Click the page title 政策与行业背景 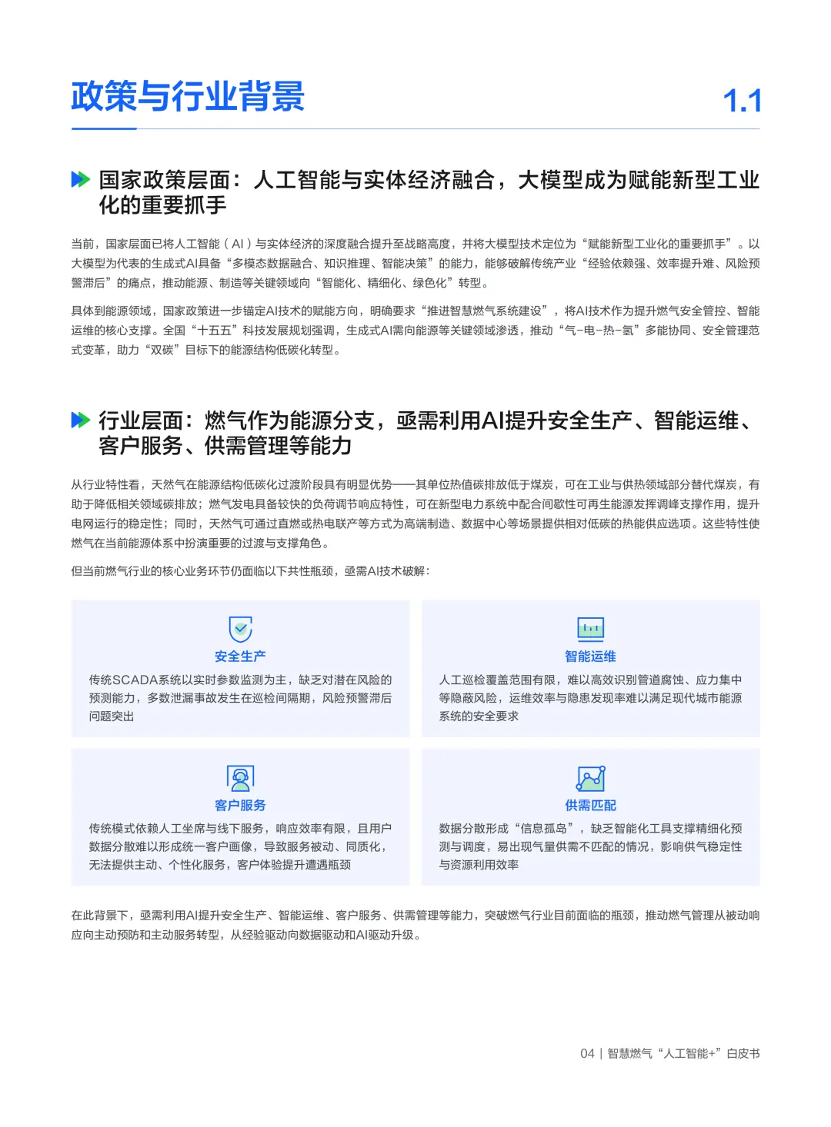(x=188, y=97)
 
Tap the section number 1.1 (x=742, y=101)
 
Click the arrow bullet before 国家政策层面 (x=80, y=180)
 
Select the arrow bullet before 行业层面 (x=80, y=420)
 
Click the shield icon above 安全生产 (x=241, y=629)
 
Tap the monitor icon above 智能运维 (x=590, y=629)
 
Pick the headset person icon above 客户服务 (x=241, y=778)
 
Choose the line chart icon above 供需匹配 (x=590, y=778)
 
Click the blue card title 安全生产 (x=240, y=657)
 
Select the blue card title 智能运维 (x=590, y=657)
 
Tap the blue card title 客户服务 (x=240, y=805)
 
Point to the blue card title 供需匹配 (x=590, y=805)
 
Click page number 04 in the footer (x=587, y=1053)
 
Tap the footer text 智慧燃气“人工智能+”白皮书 (x=683, y=1053)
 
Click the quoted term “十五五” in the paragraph (x=215, y=331)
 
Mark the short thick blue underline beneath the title (x=104, y=128)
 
